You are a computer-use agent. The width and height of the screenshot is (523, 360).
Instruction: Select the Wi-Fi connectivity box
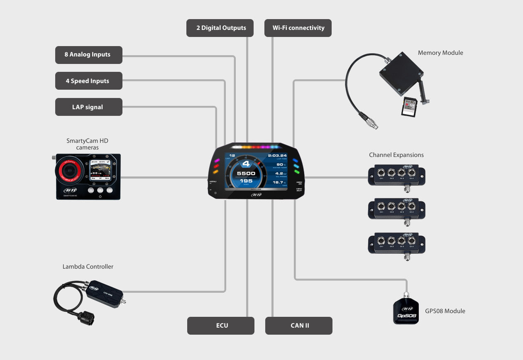pyautogui.click(x=298, y=28)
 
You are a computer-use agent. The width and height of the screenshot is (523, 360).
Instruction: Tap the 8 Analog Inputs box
pyautogui.click(x=88, y=55)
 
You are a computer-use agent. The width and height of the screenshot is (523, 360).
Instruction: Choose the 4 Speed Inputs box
pyautogui.click(x=88, y=81)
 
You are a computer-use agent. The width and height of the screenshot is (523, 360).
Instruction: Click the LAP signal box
pyautogui.click(x=88, y=107)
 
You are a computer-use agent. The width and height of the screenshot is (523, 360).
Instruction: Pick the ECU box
pyautogui.click(x=221, y=326)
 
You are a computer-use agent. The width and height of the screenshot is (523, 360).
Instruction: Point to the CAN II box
pyautogui.click(x=299, y=326)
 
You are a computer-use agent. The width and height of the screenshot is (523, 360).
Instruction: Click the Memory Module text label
pyautogui.click(x=440, y=53)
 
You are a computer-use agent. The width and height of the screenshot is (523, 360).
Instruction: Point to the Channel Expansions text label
pyautogui.click(x=396, y=155)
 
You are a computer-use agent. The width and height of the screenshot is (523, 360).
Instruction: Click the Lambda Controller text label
pyautogui.click(x=88, y=267)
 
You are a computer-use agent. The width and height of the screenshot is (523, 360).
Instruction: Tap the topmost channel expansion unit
pyautogui.click(x=396, y=174)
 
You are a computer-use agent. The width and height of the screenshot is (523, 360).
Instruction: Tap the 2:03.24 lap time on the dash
pyautogui.click(x=277, y=156)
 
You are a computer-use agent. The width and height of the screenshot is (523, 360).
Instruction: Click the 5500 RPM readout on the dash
pyautogui.click(x=246, y=174)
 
